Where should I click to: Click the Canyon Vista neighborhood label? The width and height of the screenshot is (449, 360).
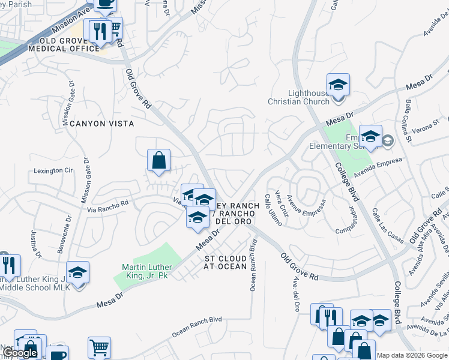pos(101,123)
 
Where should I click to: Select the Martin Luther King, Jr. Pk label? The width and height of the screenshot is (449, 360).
pos(147,271)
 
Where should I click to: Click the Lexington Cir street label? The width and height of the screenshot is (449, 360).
pos(52,170)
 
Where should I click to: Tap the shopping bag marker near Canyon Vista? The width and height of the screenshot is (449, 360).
pos(158,160)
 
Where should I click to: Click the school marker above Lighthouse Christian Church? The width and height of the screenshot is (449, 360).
pos(338,84)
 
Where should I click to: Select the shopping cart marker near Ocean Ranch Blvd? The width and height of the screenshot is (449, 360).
pos(99,347)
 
